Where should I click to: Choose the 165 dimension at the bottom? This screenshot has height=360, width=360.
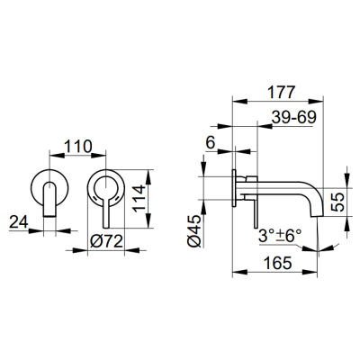tap(278, 264)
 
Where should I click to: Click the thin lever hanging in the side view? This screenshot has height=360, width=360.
tap(256, 216)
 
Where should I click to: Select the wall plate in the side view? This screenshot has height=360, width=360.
tap(236, 188)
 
